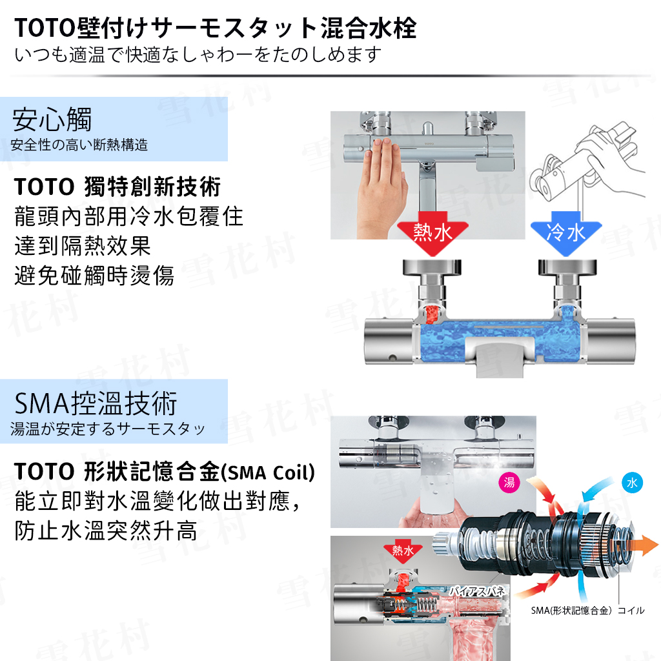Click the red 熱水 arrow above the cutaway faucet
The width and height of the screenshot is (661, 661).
pos(432,233)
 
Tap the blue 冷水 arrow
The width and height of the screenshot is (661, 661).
pos(565,233)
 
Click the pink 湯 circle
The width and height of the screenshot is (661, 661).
pos(509,482)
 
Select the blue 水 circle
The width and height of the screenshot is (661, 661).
pos(632,483)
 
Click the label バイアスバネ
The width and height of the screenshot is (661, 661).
pos(477,591)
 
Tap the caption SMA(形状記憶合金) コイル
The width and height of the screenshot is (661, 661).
pos(587,611)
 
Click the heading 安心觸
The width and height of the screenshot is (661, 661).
pos(52,119)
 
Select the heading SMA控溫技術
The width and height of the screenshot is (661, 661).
pos(96,403)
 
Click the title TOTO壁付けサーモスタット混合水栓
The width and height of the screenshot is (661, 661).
pos(216,28)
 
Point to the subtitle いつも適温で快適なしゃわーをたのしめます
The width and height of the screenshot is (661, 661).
pos(198,55)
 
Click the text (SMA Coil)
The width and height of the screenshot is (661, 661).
pos(268,473)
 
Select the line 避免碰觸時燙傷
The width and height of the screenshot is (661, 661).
pos(94,276)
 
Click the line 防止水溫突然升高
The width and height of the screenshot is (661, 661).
pos(106,531)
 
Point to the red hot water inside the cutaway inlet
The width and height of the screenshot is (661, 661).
pos(432,314)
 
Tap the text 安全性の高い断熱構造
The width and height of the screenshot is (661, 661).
pos(79,145)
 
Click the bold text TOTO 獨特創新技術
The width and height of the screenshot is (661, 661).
pos(117,187)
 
